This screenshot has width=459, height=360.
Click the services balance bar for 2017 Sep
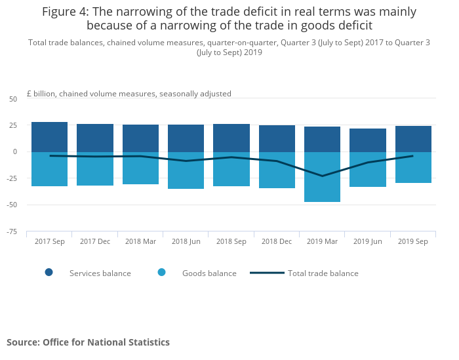[x=49, y=137]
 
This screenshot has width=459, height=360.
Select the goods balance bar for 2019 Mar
[x=322, y=177]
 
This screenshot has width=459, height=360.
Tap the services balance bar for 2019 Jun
[x=368, y=140]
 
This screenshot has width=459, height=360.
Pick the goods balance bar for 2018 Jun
[x=186, y=170]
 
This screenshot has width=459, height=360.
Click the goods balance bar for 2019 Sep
[x=413, y=167]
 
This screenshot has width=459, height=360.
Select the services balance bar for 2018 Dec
[x=277, y=138]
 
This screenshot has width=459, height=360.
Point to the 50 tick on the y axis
[x=13, y=99]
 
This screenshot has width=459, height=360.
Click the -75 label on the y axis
[x=12, y=231]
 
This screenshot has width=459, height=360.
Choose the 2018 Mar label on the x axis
[x=140, y=241]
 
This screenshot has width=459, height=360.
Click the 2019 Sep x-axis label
[x=413, y=241]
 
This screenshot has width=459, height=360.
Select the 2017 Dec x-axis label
[x=95, y=241]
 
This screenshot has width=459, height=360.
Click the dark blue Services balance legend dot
[x=49, y=273]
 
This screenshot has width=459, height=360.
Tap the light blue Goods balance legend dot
[x=162, y=273]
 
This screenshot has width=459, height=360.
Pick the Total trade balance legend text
[x=323, y=273]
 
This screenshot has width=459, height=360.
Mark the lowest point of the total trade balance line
[x=322, y=176]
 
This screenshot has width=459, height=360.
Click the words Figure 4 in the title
[x=69, y=12]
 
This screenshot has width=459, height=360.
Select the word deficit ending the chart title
[x=353, y=26]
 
